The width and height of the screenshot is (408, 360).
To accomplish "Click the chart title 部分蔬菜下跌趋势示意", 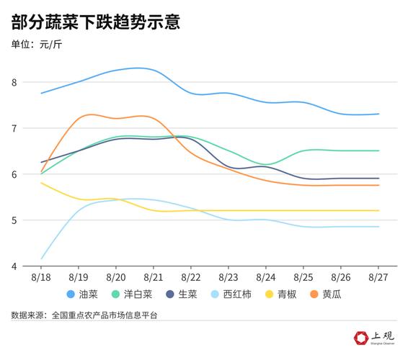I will [95, 22].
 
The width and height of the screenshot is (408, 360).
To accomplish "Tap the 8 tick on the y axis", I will [33, 82].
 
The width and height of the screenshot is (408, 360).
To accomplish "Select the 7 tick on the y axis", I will [33, 128].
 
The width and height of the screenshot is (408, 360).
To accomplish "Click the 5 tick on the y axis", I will [33, 220].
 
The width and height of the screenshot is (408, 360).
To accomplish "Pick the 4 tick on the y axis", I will [33, 266].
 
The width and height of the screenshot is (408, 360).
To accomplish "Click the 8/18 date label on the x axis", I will [42, 276].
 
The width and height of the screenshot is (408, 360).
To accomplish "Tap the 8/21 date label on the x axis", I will [154, 276].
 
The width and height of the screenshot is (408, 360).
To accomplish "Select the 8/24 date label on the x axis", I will [266, 276].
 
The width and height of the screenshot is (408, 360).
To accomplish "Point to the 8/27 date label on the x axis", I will [378, 276].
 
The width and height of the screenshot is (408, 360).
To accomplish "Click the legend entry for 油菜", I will [82, 294].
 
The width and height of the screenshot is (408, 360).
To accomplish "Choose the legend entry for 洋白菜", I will [132, 294].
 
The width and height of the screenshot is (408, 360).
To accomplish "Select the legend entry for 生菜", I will [182, 294].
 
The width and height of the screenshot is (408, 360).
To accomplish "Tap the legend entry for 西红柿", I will [231, 294].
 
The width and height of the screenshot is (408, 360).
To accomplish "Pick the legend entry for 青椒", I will [282, 294].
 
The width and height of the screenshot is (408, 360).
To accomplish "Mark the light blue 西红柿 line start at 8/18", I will [42, 258].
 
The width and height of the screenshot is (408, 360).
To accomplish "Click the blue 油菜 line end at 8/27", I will [378, 114].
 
